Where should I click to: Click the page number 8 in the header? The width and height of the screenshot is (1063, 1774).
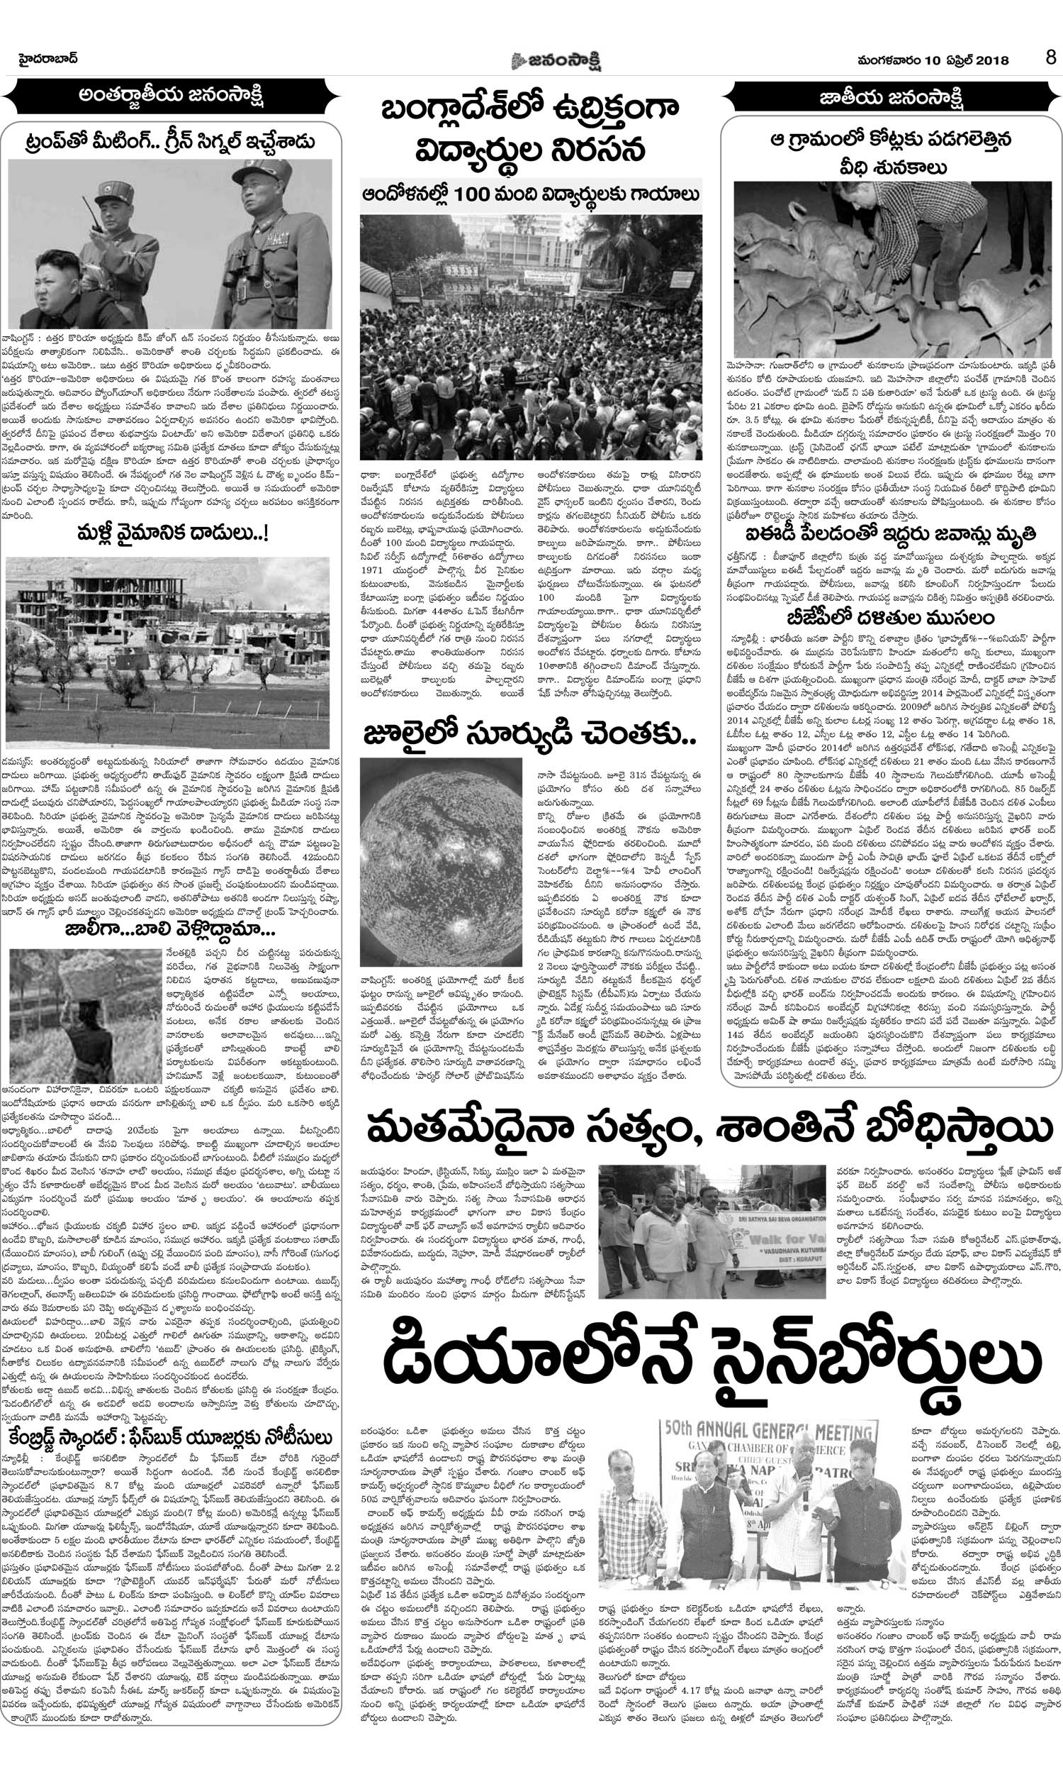[x=1050, y=57]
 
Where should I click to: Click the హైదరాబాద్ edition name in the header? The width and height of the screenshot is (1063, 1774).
[x=47, y=58]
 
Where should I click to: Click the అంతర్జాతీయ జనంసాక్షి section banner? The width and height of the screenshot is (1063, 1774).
[x=172, y=95]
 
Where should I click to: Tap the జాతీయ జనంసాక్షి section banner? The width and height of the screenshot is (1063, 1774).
[x=890, y=96]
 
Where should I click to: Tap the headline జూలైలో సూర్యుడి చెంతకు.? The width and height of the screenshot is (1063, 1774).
[x=529, y=736]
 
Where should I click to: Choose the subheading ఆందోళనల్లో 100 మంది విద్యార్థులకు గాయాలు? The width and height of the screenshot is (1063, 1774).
[x=530, y=193]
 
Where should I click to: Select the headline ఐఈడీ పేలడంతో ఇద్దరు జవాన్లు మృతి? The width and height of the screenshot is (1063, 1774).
[x=891, y=535]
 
